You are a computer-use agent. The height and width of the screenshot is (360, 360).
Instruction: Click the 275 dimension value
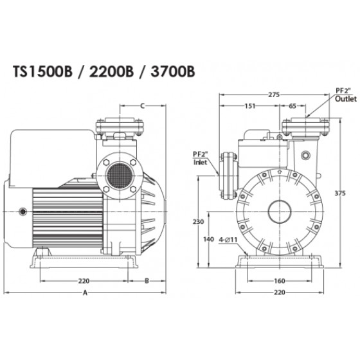274,94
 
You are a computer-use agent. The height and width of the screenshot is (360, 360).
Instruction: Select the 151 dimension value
250,106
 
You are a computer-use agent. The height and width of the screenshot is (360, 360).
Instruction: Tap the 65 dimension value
292,106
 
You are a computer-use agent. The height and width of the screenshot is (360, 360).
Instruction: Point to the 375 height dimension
340,194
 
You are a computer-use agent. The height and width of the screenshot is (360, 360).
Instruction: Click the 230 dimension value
199,222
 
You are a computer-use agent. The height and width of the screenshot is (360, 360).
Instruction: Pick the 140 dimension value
208,239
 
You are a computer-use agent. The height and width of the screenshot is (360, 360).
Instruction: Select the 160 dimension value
280,281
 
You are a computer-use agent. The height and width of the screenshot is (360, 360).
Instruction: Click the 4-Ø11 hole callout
228,240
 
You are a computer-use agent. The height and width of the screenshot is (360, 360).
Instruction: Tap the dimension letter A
85,292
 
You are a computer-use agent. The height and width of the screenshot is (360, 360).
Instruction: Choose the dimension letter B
147,281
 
